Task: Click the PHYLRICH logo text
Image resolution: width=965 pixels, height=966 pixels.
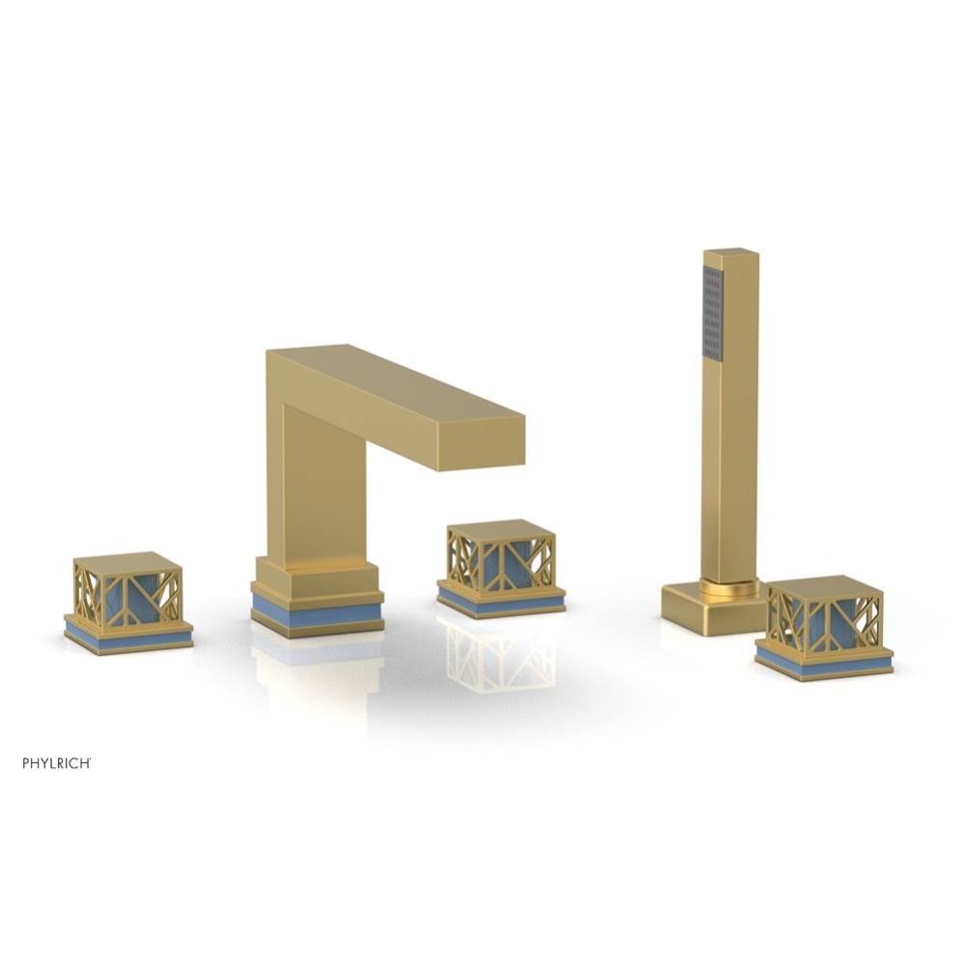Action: [x=57, y=763]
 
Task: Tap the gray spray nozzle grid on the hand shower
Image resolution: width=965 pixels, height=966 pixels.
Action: [x=713, y=313]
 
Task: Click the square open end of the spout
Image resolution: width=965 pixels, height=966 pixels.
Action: [x=481, y=446]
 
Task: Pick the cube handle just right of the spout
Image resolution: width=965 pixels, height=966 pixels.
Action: [x=500, y=560]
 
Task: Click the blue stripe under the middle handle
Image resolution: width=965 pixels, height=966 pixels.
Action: [x=500, y=604]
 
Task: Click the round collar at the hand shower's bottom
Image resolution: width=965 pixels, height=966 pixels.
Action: [x=730, y=586]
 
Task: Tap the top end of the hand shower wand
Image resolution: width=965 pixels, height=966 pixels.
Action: [x=731, y=253]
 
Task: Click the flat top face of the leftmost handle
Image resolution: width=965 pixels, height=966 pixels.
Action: [x=128, y=563]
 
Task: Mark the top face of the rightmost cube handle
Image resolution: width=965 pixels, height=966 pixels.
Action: [x=824, y=585]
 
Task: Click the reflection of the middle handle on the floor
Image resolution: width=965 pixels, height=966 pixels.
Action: [x=497, y=657]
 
